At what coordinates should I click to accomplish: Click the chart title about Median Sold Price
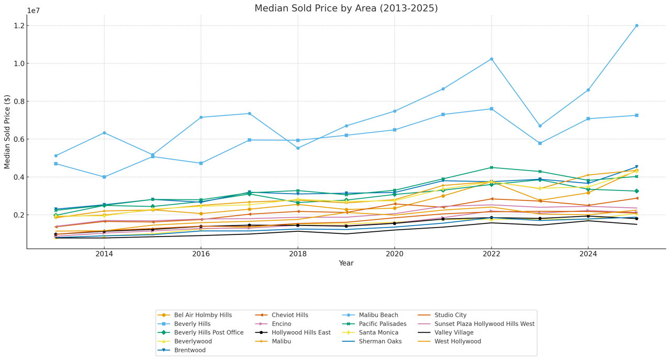tap(346, 8)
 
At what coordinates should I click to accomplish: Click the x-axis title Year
tap(346, 263)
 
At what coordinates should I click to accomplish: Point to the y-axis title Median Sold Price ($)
tap(7, 132)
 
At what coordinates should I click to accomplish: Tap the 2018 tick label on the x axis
tap(298, 254)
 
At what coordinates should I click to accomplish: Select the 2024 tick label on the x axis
tap(588, 254)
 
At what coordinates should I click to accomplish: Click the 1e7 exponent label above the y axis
tap(33, 10)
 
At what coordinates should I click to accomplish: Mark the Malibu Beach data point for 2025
tap(636, 26)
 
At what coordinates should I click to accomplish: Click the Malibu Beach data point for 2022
tap(491, 59)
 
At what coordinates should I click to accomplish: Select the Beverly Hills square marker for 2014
tap(104, 177)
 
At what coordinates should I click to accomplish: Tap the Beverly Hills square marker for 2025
tap(636, 115)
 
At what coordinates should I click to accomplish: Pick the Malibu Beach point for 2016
tap(201, 117)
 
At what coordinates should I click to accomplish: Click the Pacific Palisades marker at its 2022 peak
tap(491, 167)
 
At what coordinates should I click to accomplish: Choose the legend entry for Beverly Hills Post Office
tap(209, 333)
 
